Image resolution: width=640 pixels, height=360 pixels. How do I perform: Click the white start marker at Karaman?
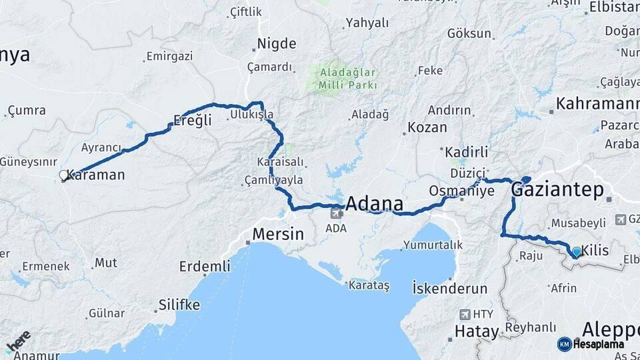click(63, 175)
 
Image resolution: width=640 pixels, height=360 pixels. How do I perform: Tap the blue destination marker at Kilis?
click(577, 252)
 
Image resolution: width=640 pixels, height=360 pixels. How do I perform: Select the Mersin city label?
click(278, 235)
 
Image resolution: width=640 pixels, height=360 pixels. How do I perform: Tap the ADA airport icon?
click(336, 213)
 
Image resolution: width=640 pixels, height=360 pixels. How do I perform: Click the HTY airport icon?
click(465, 314)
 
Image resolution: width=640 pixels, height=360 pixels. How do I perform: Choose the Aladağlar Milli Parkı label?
click(348, 79)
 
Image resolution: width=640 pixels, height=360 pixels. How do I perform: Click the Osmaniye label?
click(461, 191)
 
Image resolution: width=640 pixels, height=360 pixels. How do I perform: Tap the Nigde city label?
click(277, 44)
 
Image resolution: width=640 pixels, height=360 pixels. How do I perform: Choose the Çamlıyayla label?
click(273, 180)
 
